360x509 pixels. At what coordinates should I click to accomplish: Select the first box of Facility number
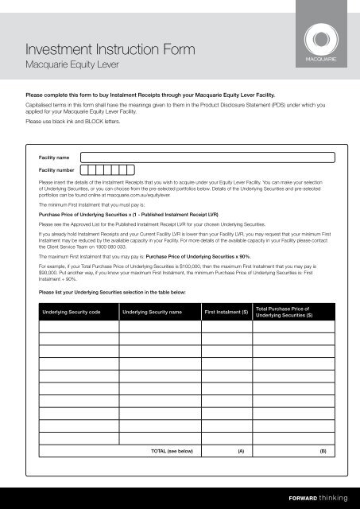coord(83,169)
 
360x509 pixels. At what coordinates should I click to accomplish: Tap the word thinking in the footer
coord(333,498)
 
